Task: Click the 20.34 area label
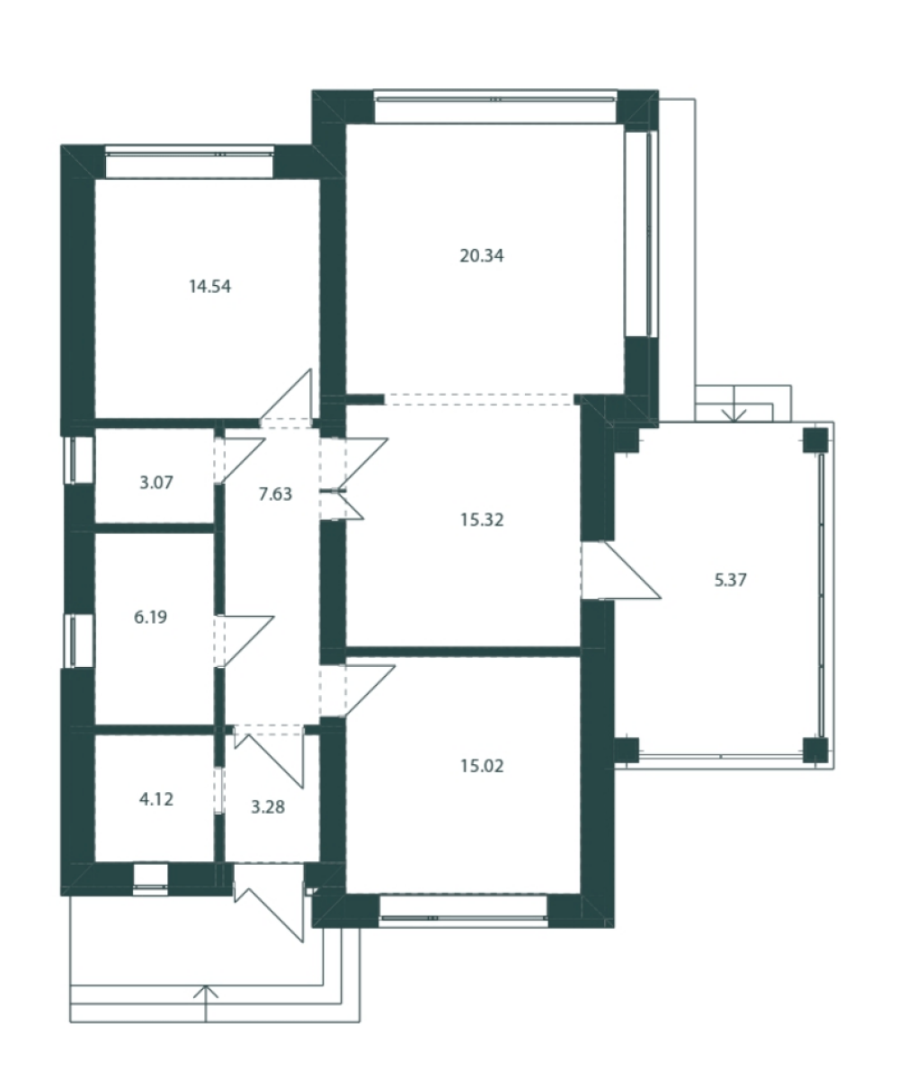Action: (482, 256)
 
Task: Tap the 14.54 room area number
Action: (210, 287)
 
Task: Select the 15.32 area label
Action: (482, 520)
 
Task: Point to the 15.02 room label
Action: (482, 766)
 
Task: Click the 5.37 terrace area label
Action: (731, 580)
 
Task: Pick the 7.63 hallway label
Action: (276, 494)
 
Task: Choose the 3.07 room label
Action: (156, 483)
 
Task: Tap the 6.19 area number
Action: (150, 618)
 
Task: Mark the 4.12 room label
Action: (156, 799)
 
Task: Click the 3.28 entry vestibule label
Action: (268, 807)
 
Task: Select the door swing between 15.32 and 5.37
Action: (621, 571)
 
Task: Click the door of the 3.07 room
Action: (241, 461)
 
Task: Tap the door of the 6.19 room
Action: (244, 641)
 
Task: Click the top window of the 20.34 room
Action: (495, 98)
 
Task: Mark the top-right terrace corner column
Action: (814, 440)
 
